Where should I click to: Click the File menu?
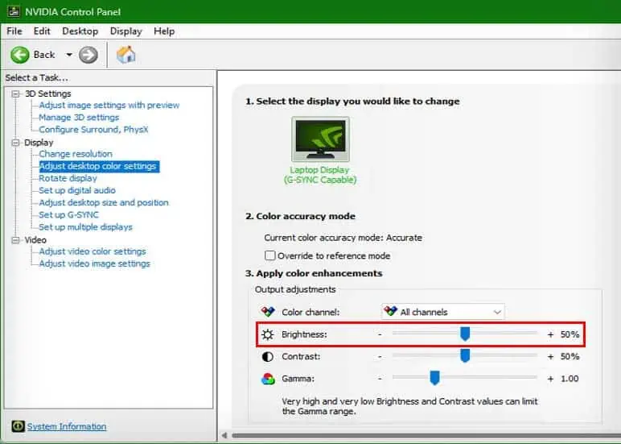point(14,31)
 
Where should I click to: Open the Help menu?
point(164,31)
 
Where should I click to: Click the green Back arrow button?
point(20,55)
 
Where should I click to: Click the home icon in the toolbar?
point(126,55)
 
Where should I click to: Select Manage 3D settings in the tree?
point(79,118)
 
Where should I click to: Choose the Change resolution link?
point(76,154)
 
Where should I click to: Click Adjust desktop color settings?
point(97,166)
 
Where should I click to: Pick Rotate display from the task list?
point(68,178)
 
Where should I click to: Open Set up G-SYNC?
point(68,214)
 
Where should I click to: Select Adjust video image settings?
point(94,263)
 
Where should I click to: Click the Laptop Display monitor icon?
point(320,139)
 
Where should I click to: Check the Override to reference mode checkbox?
point(269,255)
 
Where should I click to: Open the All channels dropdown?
point(442,312)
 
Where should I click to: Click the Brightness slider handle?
point(465,334)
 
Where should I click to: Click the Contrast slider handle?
point(465,356)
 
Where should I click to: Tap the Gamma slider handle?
point(434,378)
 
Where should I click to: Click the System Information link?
point(67,426)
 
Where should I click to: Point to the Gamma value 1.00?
point(570,379)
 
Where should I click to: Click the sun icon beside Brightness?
point(268,334)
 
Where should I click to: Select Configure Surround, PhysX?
point(93,130)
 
